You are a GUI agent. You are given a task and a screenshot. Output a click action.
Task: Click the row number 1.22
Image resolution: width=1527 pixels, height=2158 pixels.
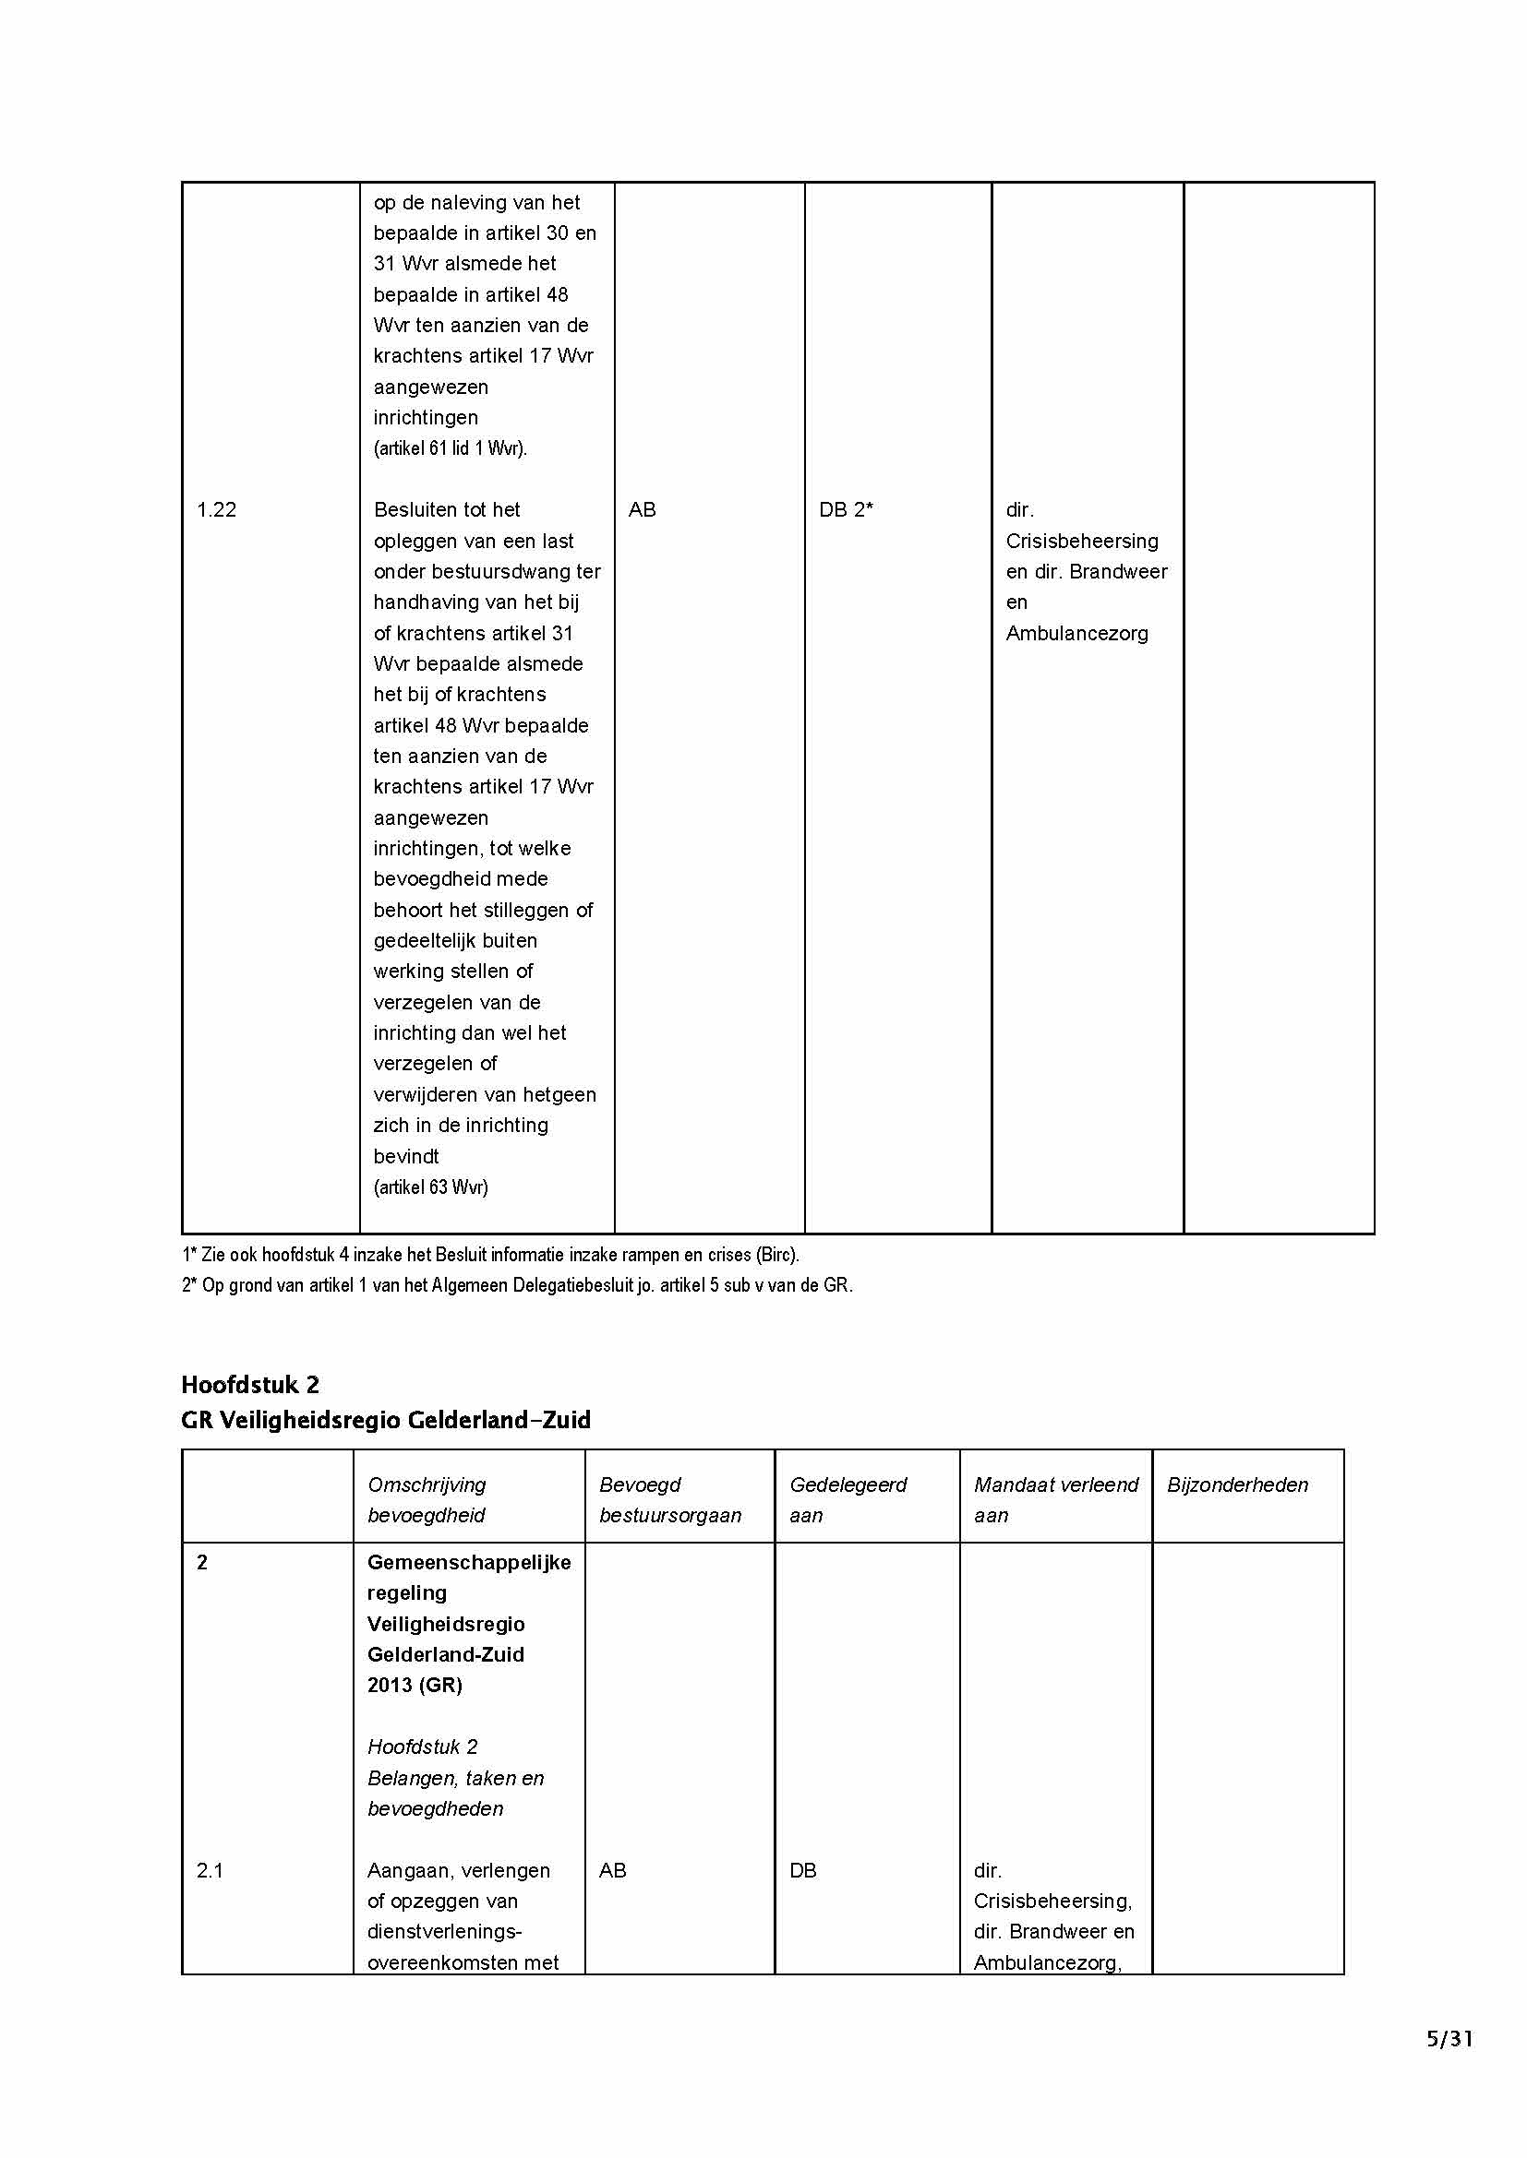tap(216, 509)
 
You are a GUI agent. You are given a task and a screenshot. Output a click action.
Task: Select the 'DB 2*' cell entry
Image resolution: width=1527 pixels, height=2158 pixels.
tap(846, 509)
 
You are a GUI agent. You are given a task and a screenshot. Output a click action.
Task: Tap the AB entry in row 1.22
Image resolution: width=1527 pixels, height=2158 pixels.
tap(643, 509)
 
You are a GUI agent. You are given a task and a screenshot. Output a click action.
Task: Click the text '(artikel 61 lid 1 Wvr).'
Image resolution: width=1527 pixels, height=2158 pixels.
tap(451, 448)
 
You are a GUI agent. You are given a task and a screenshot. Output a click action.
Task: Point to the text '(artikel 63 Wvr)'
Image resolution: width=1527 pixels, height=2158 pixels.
tap(430, 1187)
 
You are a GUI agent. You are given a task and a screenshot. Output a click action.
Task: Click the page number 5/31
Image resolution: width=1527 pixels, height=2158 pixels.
tap(1449, 2039)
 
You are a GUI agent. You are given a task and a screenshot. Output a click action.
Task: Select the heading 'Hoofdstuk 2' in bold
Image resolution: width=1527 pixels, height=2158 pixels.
tap(250, 1385)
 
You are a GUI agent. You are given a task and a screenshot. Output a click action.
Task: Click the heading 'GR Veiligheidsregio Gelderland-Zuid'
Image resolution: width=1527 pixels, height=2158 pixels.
tap(386, 1420)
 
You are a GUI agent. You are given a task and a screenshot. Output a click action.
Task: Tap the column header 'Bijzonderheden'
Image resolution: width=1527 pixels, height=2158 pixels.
tap(1237, 1485)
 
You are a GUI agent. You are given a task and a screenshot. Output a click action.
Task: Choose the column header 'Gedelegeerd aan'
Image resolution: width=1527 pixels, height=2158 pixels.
tap(848, 1500)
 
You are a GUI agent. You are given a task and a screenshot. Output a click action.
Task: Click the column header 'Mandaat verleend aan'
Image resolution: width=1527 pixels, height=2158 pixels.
tap(1056, 1500)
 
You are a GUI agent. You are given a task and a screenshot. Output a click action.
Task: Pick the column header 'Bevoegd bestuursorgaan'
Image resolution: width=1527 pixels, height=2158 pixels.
tap(669, 1500)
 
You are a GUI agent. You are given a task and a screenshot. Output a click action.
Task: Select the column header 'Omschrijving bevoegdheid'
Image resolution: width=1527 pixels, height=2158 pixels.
tap(427, 1500)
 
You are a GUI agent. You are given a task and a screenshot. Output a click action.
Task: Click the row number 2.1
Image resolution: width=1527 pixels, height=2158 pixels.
tap(210, 1870)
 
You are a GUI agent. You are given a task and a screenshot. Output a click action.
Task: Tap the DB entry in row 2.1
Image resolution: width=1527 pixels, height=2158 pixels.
tap(803, 1870)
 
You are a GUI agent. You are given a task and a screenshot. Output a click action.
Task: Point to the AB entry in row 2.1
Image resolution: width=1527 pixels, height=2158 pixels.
tap(612, 1870)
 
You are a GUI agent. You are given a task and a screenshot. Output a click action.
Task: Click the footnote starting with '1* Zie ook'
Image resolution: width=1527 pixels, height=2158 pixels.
tap(490, 1255)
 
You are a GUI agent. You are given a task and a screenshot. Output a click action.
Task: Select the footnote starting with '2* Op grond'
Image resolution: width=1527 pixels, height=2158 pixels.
tap(517, 1285)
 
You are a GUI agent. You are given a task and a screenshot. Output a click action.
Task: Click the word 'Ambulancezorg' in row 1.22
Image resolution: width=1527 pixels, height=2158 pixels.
tap(1076, 634)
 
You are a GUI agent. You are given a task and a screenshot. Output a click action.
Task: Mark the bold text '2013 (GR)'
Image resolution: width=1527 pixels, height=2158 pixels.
tap(415, 1686)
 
